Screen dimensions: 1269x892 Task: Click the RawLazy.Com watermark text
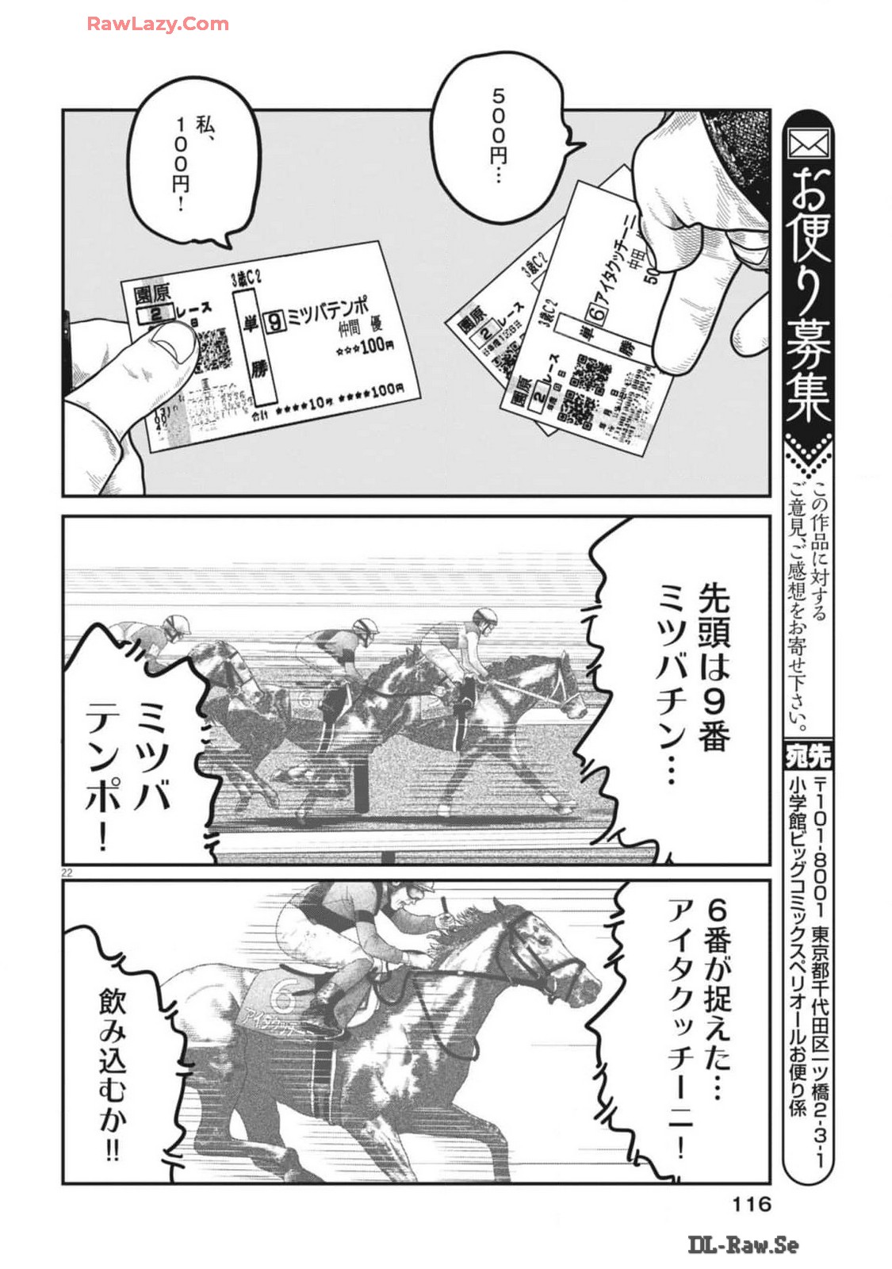[x=157, y=24]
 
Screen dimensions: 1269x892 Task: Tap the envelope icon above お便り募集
[x=808, y=144]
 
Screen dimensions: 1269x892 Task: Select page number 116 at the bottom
[x=750, y=1205]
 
